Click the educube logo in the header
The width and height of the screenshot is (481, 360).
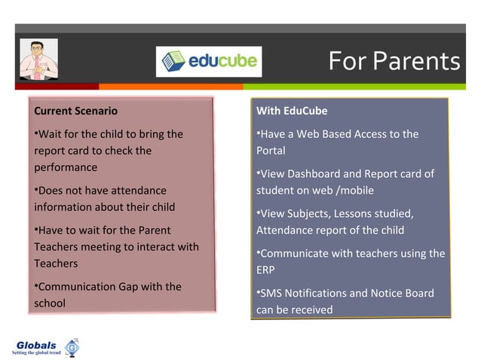click(x=208, y=61)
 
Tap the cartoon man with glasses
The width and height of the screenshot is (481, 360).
click(x=38, y=59)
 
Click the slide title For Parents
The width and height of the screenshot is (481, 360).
click(x=394, y=61)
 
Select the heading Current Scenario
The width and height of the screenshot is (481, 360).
click(x=75, y=111)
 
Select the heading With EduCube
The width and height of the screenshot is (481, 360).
click(x=292, y=111)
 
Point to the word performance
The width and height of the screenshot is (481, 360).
click(x=66, y=167)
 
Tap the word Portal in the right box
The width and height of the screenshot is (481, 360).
click(x=271, y=151)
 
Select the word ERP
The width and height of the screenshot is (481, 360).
click(x=266, y=270)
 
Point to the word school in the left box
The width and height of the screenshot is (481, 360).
click(x=50, y=304)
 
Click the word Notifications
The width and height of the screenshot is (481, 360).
click(x=325, y=293)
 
